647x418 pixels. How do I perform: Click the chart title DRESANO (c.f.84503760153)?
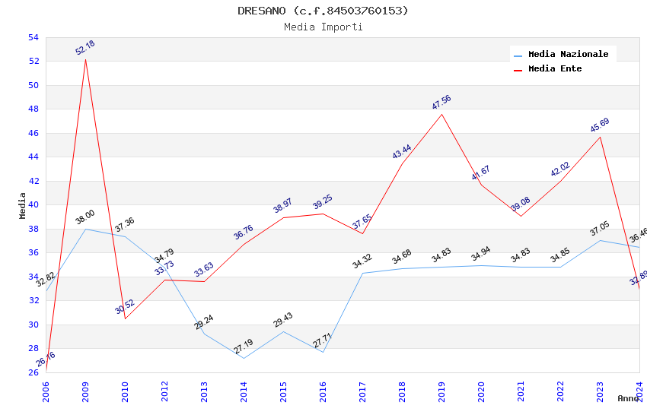click(323, 11)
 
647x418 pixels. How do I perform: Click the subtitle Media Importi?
click(323, 27)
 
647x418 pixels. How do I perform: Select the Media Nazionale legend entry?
click(568, 54)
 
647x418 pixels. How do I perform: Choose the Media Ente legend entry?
click(555, 68)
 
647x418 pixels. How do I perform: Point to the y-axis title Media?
click(23, 205)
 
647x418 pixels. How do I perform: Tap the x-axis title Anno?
click(628, 398)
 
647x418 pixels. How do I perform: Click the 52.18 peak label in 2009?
click(85, 48)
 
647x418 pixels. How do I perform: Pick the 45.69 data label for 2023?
click(600, 125)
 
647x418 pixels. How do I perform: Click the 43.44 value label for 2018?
click(402, 151)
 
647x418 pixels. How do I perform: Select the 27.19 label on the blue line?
click(244, 347)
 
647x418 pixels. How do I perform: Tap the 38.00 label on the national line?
click(85, 217)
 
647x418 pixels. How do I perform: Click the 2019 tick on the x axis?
click(441, 388)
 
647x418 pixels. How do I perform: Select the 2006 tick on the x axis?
click(46, 388)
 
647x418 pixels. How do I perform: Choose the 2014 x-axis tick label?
click(244, 388)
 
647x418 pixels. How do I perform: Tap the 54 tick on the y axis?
click(33, 37)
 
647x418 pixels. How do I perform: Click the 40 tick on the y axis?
click(33, 205)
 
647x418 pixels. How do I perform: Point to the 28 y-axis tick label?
click(33, 349)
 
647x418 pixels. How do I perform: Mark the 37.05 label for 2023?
click(600, 230)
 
